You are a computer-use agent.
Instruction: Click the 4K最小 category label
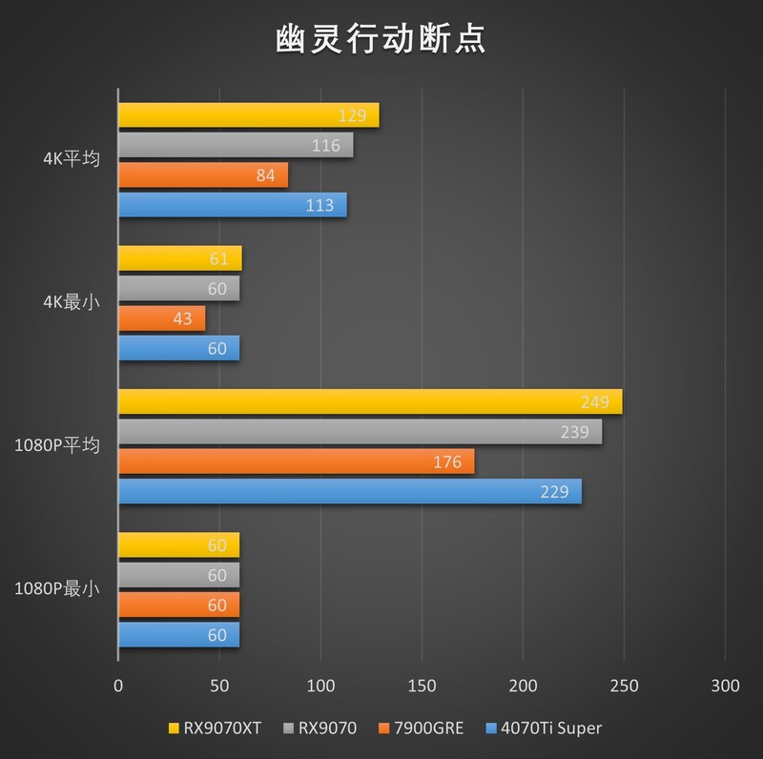[x=71, y=303]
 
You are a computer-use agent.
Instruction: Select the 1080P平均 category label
[x=56, y=445]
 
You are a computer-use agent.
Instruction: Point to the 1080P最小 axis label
[x=56, y=588]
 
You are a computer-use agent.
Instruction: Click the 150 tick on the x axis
[x=422, y=686]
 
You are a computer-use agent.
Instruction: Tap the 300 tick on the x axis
[x=725, y=686]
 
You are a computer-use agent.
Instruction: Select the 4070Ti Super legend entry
[x=544, y=728]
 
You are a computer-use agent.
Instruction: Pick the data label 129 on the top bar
[x=353, y=115]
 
